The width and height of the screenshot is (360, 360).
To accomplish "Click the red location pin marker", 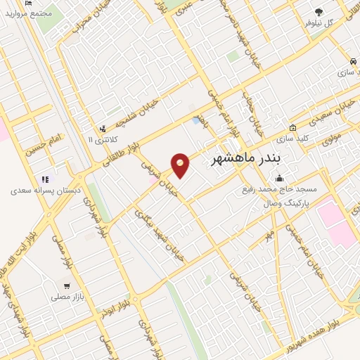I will [181, 165].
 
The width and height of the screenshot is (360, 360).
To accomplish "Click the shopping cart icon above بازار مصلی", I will [67, 286].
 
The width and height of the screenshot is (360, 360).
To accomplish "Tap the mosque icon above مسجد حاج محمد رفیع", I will [280, 177].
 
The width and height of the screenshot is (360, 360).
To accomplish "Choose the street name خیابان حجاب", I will [249, 109].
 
